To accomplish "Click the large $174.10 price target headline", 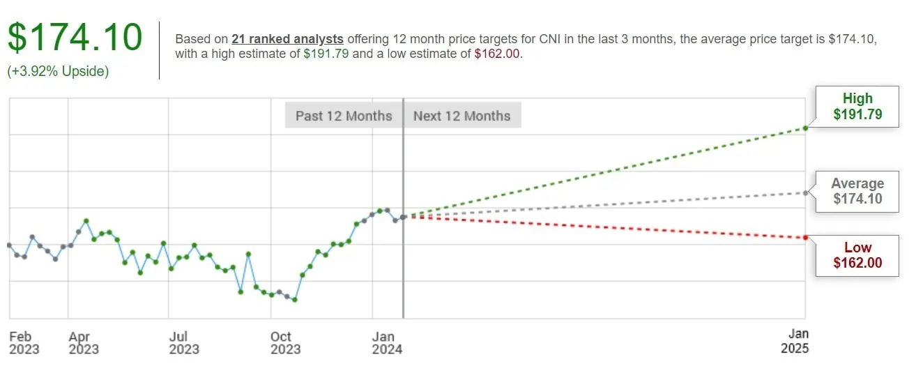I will click(75, 38).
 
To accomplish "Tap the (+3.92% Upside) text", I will click(59, 71).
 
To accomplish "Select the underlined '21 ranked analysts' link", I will click(287, 39).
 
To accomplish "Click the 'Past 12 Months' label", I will click(344, 116).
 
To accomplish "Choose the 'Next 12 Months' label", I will click(461, 116).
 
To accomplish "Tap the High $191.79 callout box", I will click(857, 107).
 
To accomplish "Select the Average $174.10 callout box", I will click(857, 191).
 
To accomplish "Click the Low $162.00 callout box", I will click(857, 255).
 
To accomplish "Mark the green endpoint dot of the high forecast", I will click(805, 128).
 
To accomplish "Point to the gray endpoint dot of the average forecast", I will click(805, 192).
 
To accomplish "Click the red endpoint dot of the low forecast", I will click(805, 238).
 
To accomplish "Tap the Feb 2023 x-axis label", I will click(24, 342).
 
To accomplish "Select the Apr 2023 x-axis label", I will click(84, 342).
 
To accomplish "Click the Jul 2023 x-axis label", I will click(184, 342).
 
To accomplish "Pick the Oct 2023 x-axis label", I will click(285, 342).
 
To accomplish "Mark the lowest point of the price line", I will click(295, 300).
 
